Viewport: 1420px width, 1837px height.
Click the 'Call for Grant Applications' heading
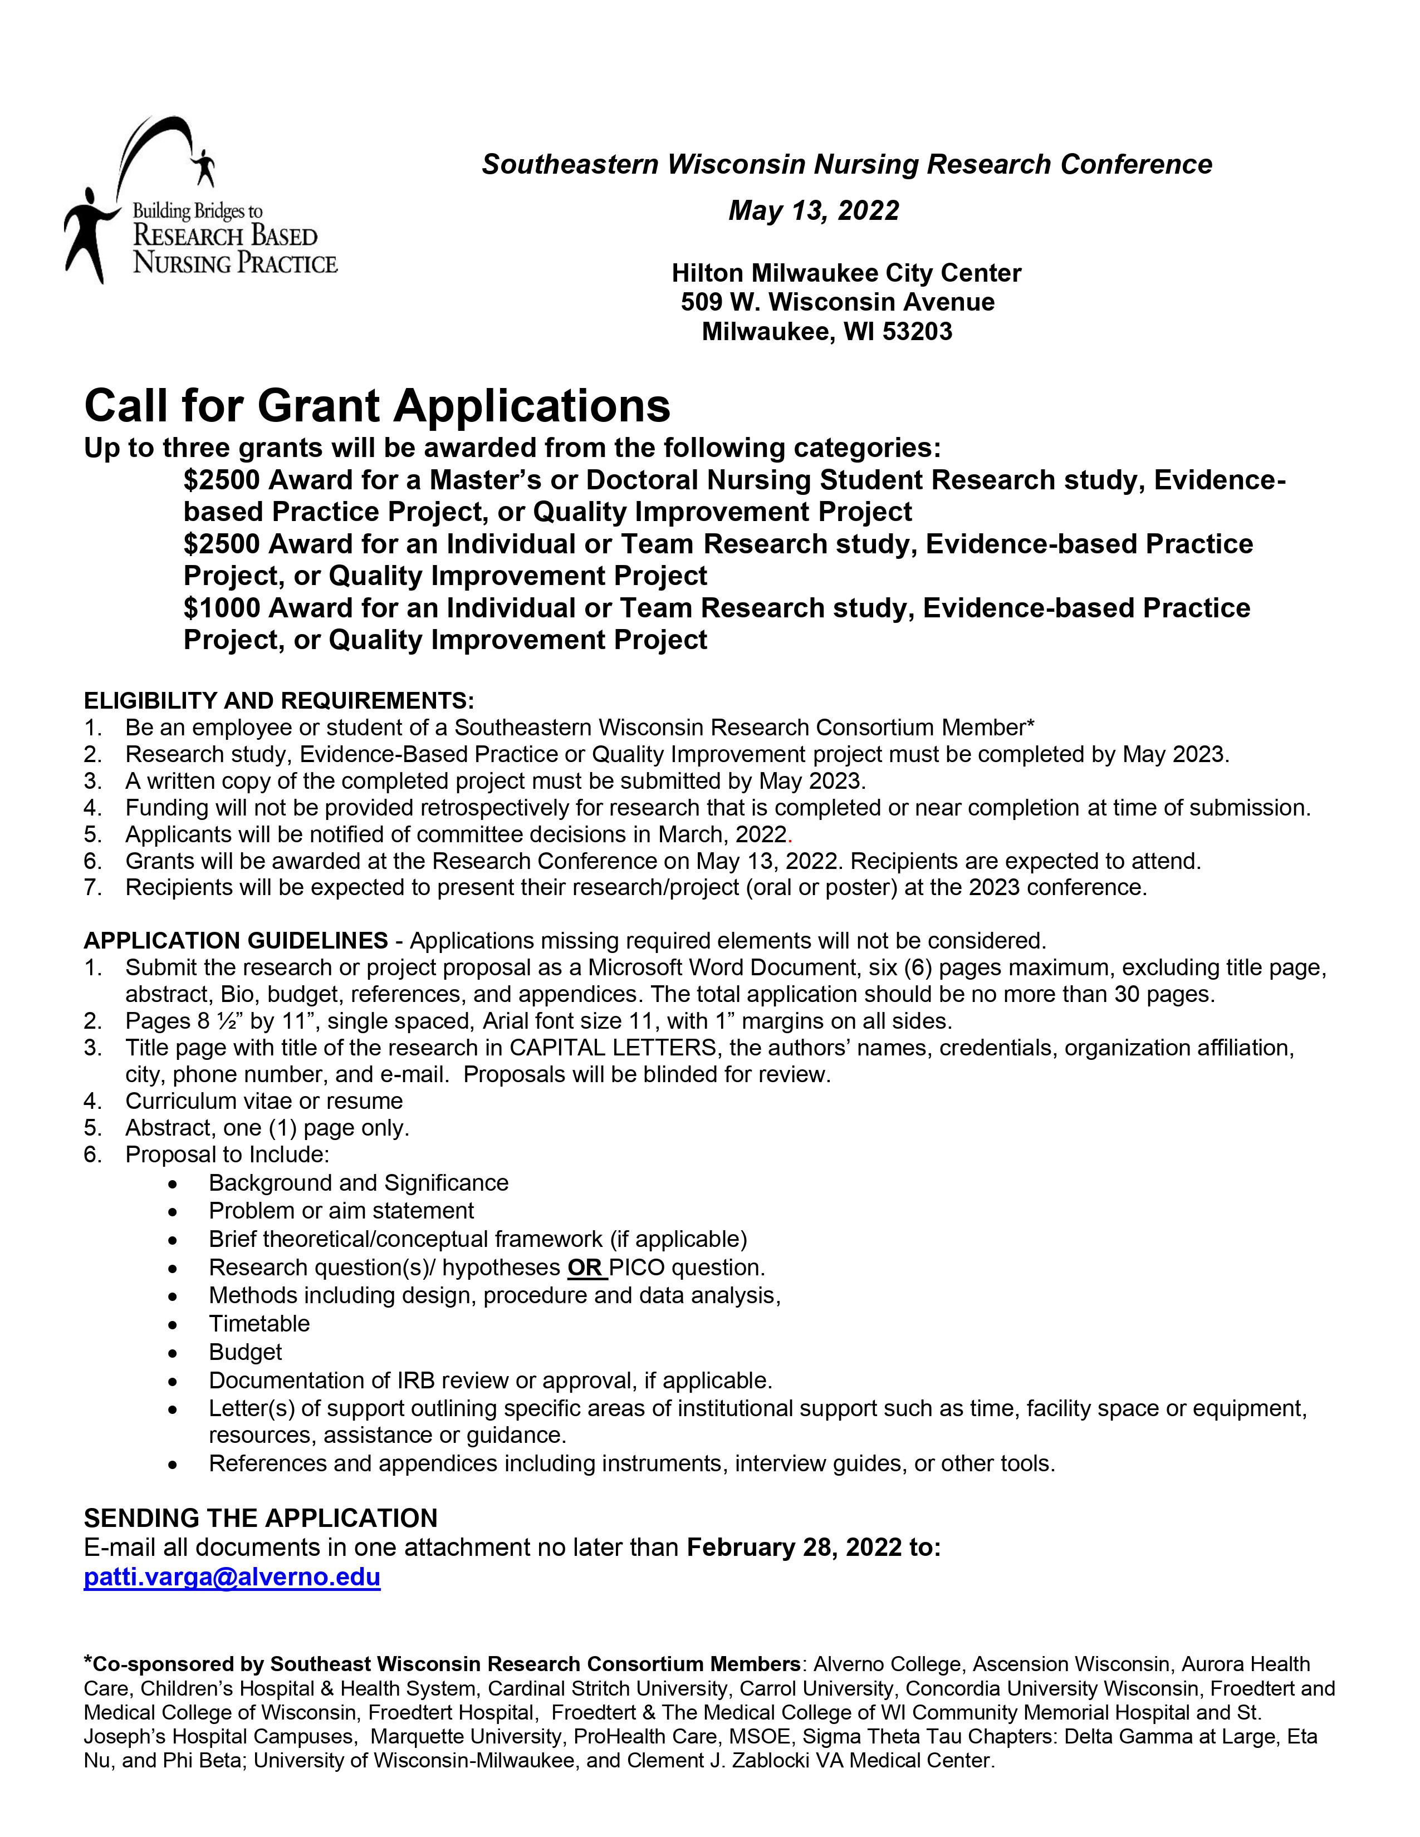377,406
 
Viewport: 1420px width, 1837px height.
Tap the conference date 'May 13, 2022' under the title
814,210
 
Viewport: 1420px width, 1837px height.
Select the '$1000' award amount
221,608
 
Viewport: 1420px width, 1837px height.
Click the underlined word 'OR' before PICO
585,1268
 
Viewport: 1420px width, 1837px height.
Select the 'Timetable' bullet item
259,1324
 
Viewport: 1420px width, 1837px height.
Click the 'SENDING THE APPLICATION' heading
261,1518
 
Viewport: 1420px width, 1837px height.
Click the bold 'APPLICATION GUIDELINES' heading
236,940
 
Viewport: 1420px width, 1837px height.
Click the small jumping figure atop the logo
204,166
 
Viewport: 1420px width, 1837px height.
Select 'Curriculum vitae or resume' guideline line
264,1101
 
